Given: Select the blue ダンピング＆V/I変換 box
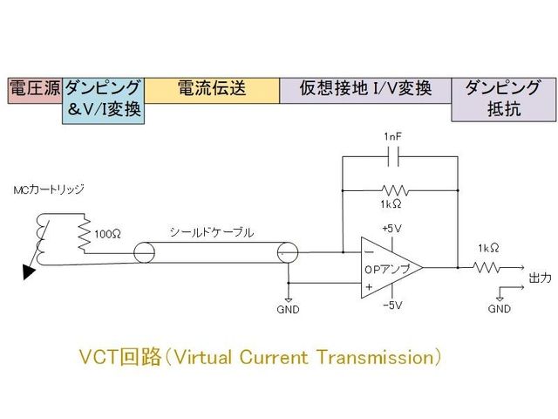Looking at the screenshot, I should coord(104,101).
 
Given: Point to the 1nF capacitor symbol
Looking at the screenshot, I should coord(398,157).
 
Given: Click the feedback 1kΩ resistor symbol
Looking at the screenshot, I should coord(398,189).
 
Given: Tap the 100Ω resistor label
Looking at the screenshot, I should coord(108,235).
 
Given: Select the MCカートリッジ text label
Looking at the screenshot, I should coord(50,190).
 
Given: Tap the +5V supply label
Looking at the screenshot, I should coord(391,229).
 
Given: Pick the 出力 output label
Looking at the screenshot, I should coord(540,278).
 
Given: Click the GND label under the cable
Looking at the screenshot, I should coord(288,309).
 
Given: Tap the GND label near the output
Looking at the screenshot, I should coord(500,308).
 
